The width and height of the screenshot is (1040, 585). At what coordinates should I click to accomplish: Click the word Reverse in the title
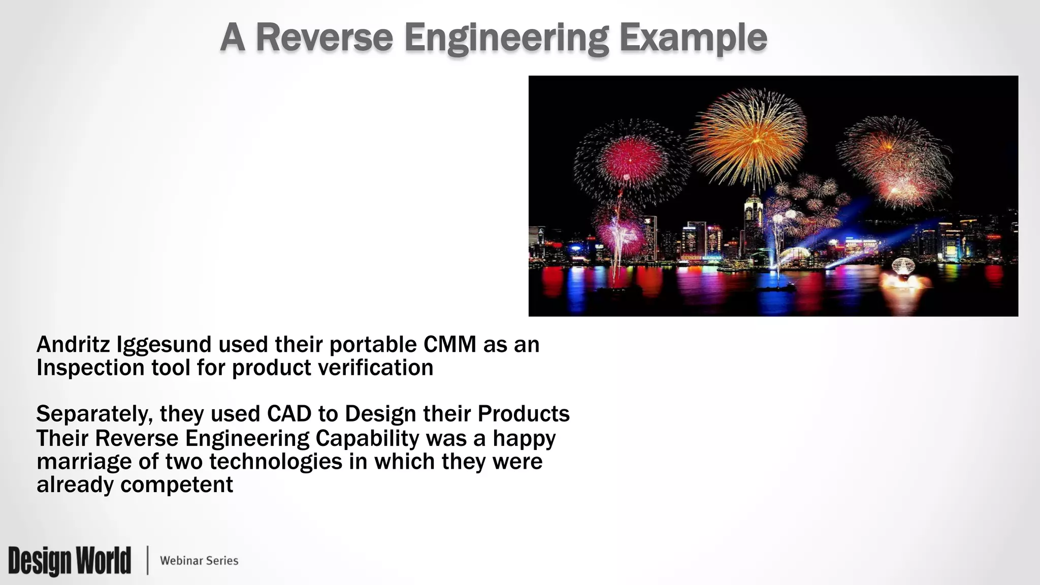pyautogui.click(x=324, y=38)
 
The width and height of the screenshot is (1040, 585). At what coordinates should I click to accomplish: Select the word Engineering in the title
pyautogui.click(x=506, y=39)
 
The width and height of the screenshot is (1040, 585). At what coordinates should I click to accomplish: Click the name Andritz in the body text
pyautogui.click(x=73, y=345)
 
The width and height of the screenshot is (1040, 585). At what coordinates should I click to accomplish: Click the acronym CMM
pyautogui.click(x=449, y=345)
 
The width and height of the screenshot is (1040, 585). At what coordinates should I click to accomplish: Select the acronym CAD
pyautogui.click(x=289, y=414)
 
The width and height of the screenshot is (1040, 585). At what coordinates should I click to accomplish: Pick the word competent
pyautogui.click(x=177, y=485)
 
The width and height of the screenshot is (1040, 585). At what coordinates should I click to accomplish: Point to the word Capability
pyautogui.click(x=367, y=438)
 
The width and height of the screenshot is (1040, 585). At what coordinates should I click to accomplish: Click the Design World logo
pyautogui.click(x=70, y=561)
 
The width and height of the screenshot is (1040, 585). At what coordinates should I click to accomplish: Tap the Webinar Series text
pyautogui.click(x=199, y=561)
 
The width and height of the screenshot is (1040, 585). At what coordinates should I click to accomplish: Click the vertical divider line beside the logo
pyautogui.click(x=148, y=561)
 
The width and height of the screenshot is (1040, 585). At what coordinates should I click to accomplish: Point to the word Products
pyautogui.click(x=523, y=414)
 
